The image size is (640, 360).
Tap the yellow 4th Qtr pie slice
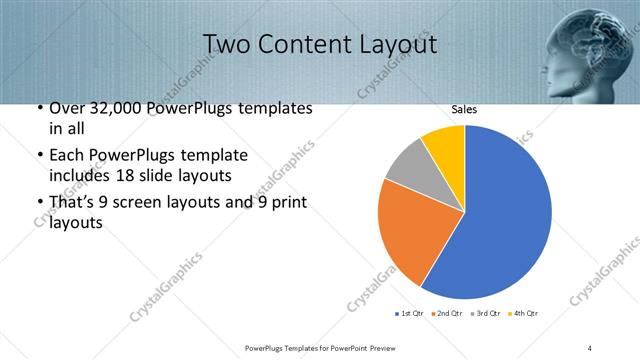tap(444, 146)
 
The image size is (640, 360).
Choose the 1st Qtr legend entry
tap(409, 314)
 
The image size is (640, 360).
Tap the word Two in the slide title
tap(226, 44)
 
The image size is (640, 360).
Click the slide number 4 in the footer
tap(591, 347)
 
